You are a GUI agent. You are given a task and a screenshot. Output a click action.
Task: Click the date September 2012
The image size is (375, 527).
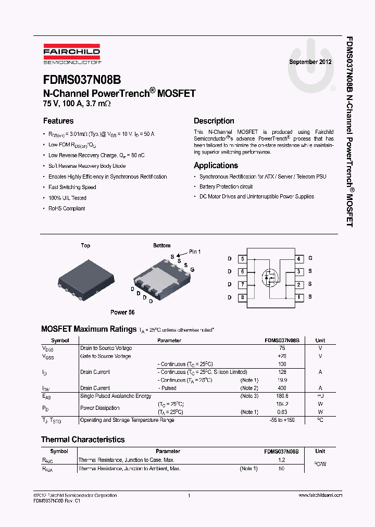coord(310,61)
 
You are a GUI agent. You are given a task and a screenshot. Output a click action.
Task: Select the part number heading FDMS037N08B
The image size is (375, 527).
coord(82,80)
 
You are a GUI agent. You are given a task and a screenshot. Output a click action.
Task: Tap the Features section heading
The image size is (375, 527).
coord(58,121)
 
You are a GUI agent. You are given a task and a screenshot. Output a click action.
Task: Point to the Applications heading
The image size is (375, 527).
coord(216,166)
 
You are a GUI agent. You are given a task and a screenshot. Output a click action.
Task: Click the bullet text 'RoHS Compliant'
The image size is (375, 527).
coord(67,208)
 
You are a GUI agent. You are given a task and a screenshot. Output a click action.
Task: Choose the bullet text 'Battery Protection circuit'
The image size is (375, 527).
coord(226,186)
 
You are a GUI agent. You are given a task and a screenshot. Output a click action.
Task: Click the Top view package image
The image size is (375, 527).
coord(85,275)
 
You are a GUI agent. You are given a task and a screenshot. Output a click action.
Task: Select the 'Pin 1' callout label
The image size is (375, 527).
coord(195,252)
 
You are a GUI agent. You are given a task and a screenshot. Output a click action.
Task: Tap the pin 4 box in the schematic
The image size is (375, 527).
coord(298,259)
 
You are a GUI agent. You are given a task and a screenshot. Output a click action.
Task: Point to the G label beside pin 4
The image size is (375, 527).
coord(310,258)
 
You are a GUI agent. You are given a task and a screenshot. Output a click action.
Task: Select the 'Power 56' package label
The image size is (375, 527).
coord(122,312)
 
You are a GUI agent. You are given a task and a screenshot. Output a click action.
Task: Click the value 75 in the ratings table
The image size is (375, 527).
coord(282,348)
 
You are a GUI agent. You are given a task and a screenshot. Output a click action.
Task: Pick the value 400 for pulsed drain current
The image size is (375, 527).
coord(282,388)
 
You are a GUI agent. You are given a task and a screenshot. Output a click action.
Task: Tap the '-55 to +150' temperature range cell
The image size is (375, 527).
coord(282,420)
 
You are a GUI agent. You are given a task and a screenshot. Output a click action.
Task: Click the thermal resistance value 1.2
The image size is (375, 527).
coord(282,460)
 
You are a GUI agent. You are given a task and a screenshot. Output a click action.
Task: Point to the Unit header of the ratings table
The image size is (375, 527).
coord(320,340)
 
